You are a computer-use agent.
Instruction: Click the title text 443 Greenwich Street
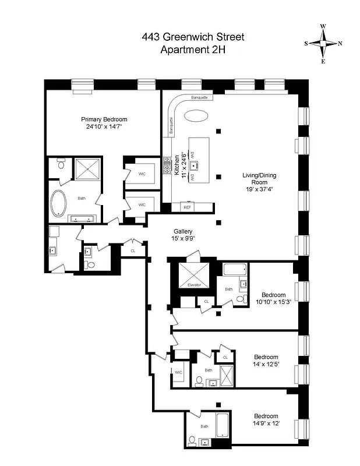[193, 37]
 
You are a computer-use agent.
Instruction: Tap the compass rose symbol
[323, 44]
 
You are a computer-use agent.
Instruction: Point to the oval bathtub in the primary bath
[59, 204]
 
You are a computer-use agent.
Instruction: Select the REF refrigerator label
[187, 207]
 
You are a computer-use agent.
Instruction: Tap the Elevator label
[194, 285]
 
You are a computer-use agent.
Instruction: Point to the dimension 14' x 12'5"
[266, 365]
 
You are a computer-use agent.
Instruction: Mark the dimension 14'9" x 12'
[266, 423]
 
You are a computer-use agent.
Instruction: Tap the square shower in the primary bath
[87, 170]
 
